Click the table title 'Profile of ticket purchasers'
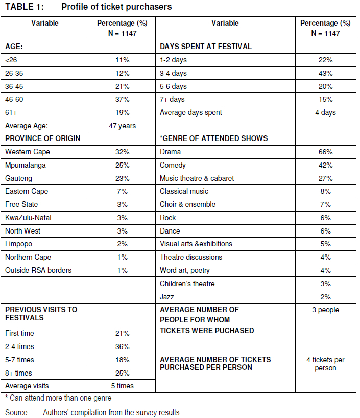click(x=116, y=7)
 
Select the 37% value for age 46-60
click(x=122, y=99)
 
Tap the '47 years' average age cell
click(x=122, y=125)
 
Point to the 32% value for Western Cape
click(x=122, y=152)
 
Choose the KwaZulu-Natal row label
click(x=28, y=218)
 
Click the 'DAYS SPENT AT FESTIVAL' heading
click(x=206, y=46)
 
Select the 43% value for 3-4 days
click(x=325, y=73)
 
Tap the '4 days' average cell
click(x=325, y=112)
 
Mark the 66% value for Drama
click(x=325, y=152)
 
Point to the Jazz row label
click(x=167, y=296)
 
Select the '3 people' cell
click(x=325, y=310)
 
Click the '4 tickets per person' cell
click(x=325, y=364)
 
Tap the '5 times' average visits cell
click(x=122, y=386)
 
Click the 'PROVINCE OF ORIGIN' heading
click(x=43, y=138)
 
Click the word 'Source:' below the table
click(x=17, y=412)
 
